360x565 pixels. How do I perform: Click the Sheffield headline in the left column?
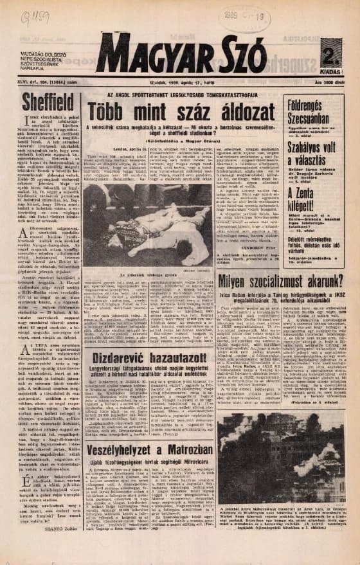tap(48, 102)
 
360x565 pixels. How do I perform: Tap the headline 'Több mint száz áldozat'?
tap(182, 107)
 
